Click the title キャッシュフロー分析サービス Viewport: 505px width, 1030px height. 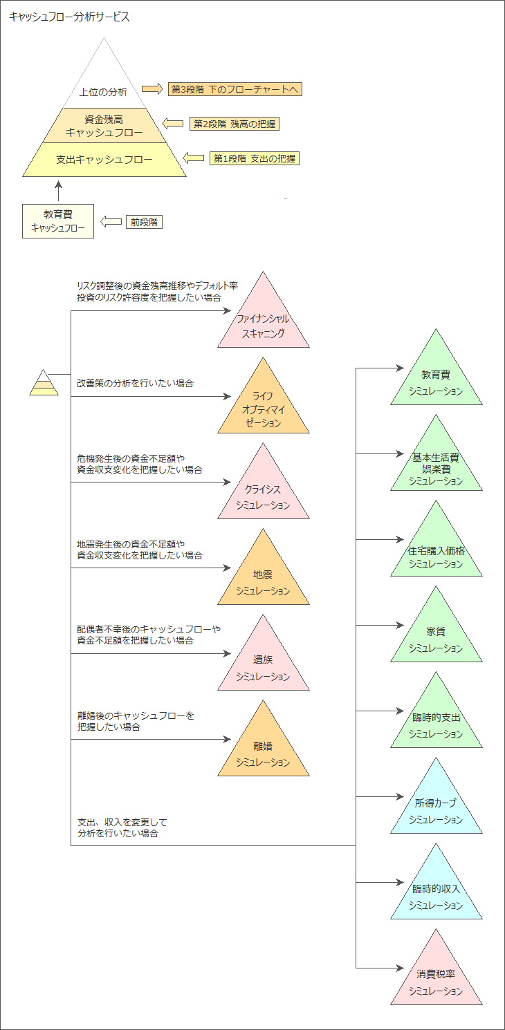pos(69,17)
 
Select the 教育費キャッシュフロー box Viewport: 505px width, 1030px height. pos(58,221)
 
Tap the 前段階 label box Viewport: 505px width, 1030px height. pos(144,222)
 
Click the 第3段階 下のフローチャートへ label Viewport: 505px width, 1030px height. pos(235,89)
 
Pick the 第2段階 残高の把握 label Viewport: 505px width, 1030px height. pos(235,124)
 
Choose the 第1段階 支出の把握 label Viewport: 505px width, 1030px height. pos(255,158)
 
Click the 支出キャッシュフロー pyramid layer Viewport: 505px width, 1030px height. pos(104,160)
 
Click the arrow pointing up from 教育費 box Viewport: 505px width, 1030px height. pos(59,191)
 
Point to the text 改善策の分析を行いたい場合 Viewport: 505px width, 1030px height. pos(135,384)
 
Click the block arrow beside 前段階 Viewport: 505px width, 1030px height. pos(111,222)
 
